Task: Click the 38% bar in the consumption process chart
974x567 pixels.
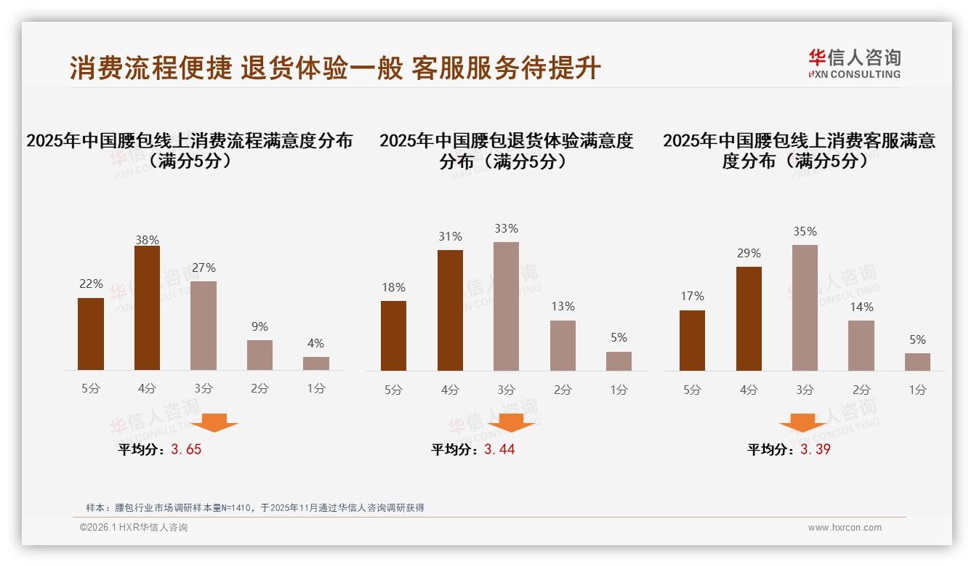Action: pos(147,308)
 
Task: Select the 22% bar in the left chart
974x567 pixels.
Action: pos(91,334)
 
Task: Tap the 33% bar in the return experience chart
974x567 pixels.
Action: pos(506,306)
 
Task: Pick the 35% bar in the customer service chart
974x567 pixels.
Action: pos(805,307)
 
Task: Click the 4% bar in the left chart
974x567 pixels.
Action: pos(316,363)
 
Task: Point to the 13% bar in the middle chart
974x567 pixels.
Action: pos(563,345)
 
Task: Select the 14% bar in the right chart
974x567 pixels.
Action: pos(861,345)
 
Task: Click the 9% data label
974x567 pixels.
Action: pos(259,327)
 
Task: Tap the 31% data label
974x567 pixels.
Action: pos(450,237)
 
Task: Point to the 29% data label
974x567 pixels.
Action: pos(749,254)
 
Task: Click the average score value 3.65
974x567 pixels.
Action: pos(186,449)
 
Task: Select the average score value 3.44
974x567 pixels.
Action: pos(499,449)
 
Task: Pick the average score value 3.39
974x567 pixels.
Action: pos(816,449)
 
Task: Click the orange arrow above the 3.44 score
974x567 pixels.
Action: pos(511,422)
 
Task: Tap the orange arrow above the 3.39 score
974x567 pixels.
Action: pos(802,422)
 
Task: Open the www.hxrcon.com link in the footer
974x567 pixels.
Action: pos(845,528)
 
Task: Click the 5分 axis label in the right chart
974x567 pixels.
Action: pos(692,390)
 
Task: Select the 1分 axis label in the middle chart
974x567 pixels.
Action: pos(619,390)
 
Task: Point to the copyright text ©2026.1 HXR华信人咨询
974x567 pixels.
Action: pos(134,528)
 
